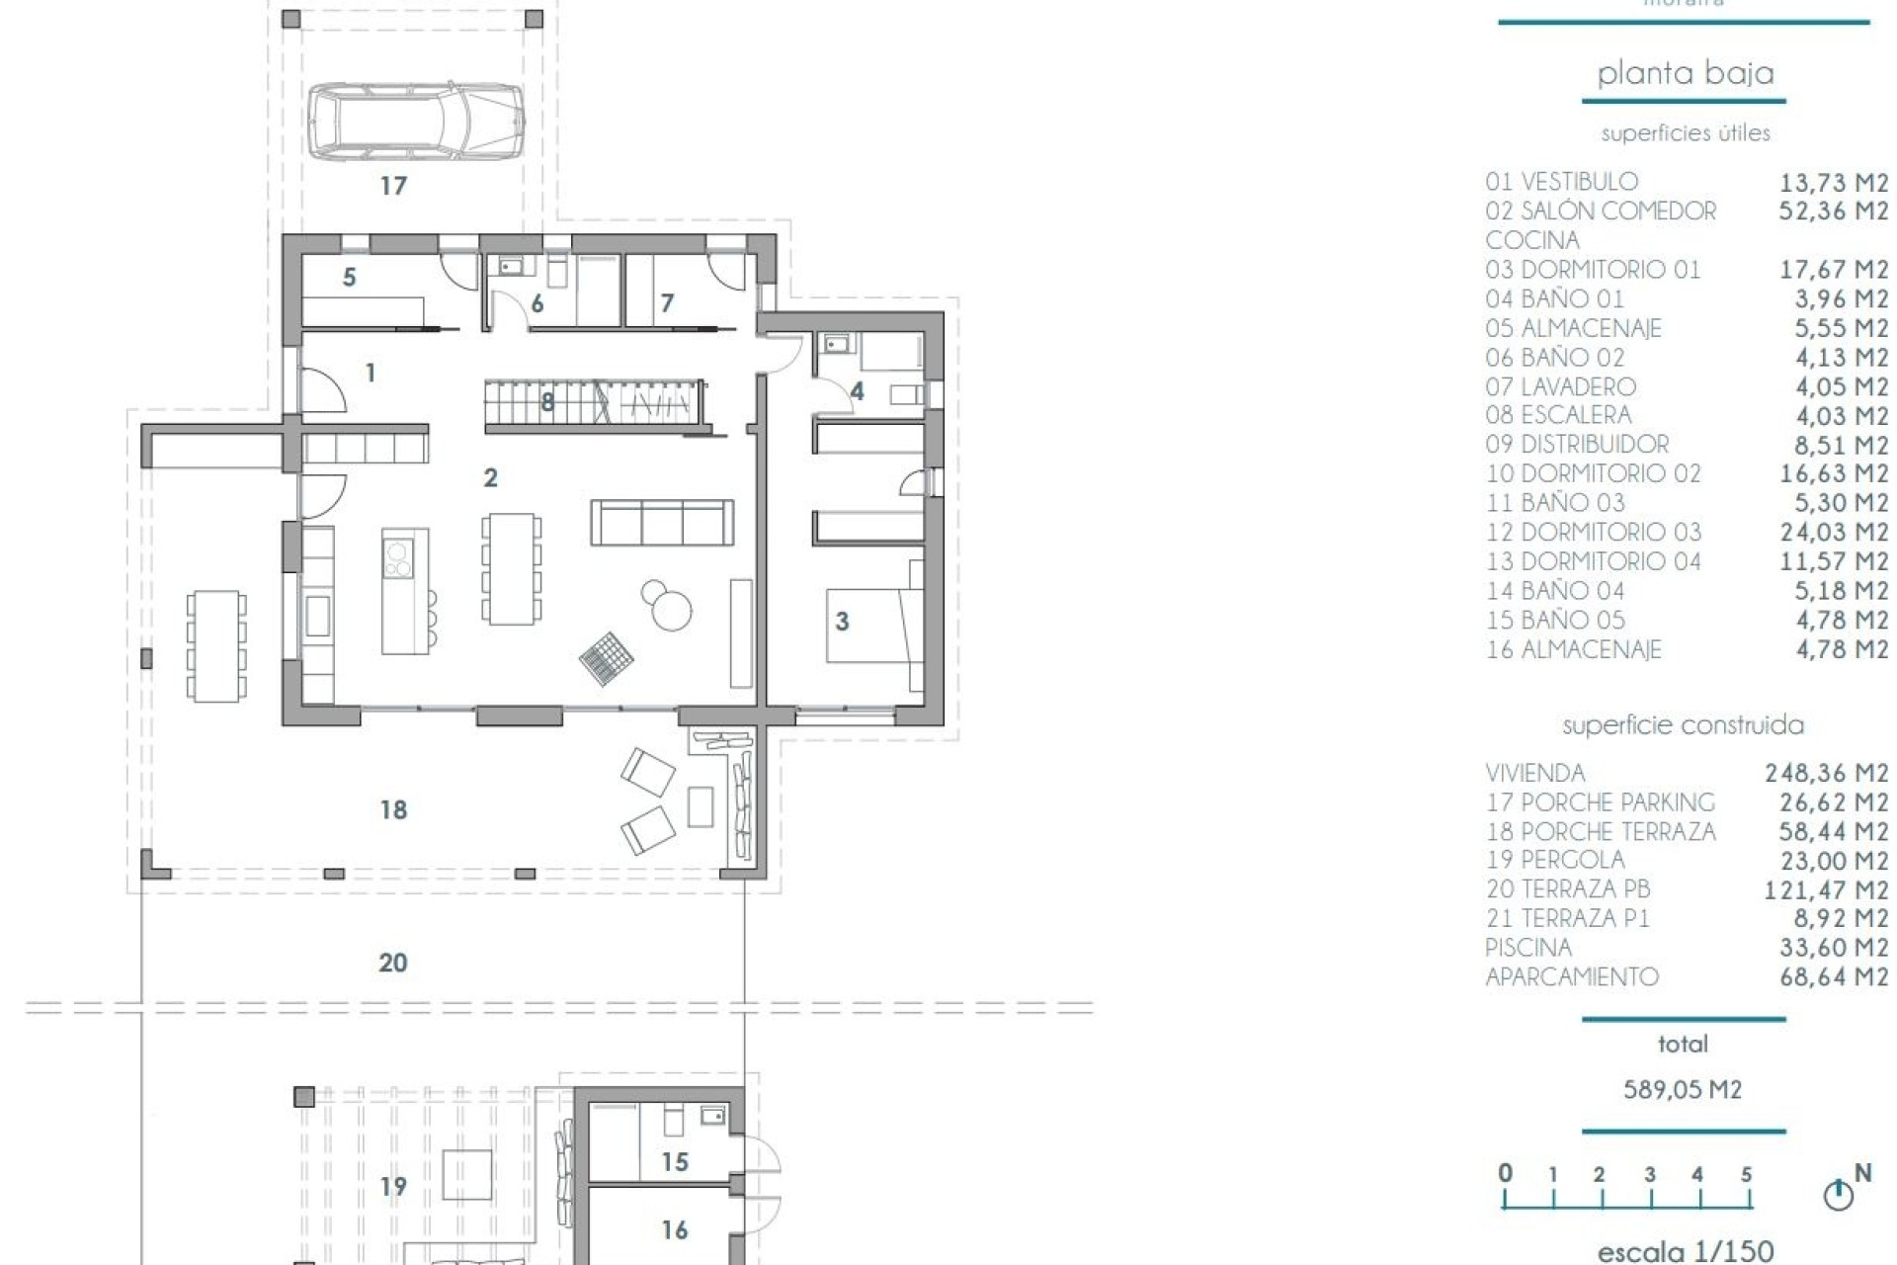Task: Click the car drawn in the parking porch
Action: [415, 121]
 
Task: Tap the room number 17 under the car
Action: [393, 186]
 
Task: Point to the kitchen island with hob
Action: [405, 591]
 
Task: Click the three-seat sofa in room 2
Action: [662, 522]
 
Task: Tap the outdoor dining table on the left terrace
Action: [216, 645]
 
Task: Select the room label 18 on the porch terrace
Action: [393, 810]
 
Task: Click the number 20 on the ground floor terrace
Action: [393, 963]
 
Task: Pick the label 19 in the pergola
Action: [393, 1186]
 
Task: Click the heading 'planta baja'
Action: [1685, 73]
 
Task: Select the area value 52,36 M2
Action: [1833, 211]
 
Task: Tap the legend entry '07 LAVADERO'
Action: [1560, 386]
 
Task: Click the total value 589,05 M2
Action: [1683, 1089]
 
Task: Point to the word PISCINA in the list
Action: [1527, 948]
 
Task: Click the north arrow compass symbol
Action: [1838, 1195]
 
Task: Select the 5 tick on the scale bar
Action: [1746, 1175]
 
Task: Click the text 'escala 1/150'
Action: [1686, 1250]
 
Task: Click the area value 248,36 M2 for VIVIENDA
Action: [1826, 773]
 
